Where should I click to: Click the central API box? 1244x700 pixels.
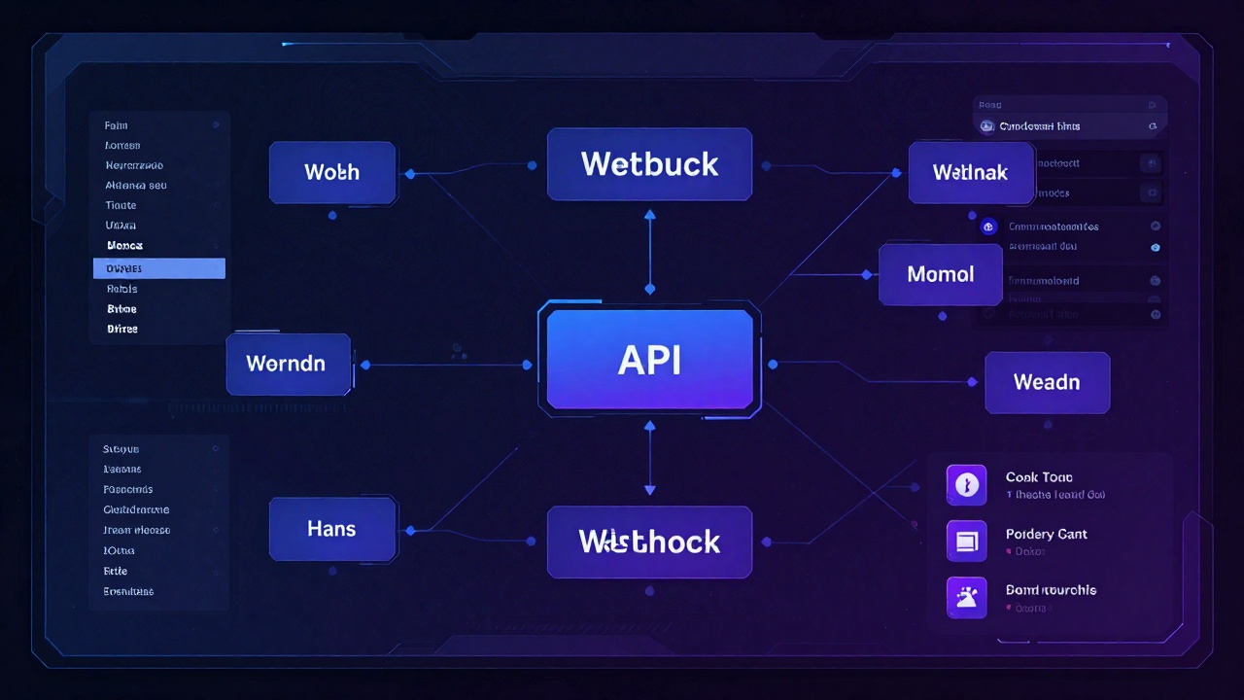pyautogui.click(x=649, y=360)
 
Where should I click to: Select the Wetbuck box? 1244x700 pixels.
pyautogui.click(x=649, y=163)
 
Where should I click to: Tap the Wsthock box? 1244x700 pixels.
pyautogui.click(x=649, y=542)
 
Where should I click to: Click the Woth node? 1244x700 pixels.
pyautogui.click(x=332, y=172)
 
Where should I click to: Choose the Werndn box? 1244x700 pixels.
pyautogui.click(x=288, y=364)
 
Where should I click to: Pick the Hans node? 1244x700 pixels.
pyautogui.click(x=332, y=529)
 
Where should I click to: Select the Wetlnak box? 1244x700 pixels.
pyautogui.click(x=970, y=173)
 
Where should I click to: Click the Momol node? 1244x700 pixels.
pyautogui.click(x=940, y=274)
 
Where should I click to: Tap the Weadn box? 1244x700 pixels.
pyautogui.click(x=1047, y=382)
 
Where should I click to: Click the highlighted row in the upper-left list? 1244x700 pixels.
pyautogui.click(x=159, y=268)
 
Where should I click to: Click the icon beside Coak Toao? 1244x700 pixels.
pyautogui.click(x=966, y=485)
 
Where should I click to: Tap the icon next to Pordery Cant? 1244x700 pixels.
pyautogui.click(x=966, y=541)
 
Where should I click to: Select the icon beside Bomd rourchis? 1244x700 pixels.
pyautogui.click(x=966, y=597)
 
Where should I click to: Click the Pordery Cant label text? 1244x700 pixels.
pyautogui.click(x=1046, y=534)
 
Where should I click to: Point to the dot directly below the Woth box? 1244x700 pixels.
pyautogui.click(x=332, y=215)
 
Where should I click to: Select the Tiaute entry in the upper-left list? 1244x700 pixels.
pyautogui.click(x=121, y=205)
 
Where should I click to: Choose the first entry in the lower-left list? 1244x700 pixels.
pyautogui.click(x=121, y=449)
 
